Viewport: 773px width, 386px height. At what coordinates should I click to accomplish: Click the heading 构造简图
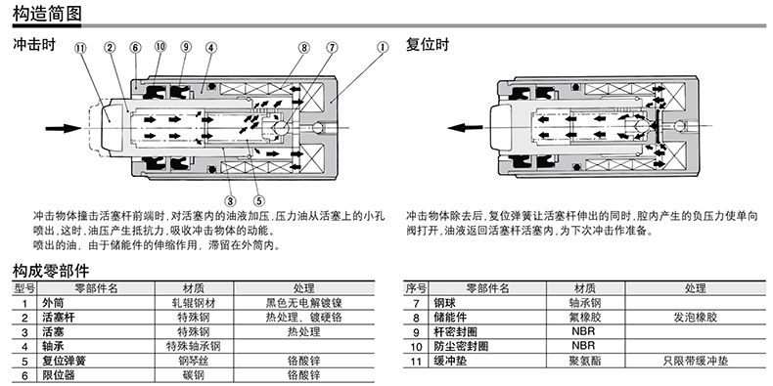tap(47, 13)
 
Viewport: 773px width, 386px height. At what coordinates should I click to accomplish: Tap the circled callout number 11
tap(80, 48)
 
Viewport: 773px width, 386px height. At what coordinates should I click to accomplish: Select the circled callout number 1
tap(383, 48)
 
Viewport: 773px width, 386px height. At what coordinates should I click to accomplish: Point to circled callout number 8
tap(304, 48)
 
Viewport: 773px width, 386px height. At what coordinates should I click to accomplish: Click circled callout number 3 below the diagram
tap(230, 200)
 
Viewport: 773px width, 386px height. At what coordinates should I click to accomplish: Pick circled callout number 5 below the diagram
tap(259, 200)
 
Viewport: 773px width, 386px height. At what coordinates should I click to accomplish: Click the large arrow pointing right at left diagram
tap(63, 128)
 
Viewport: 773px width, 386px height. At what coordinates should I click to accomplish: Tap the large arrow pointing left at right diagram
tap(466, 128)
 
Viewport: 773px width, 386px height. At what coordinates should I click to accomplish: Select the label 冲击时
tap(34, 45)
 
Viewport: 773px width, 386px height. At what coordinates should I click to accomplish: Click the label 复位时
tap(428, 45)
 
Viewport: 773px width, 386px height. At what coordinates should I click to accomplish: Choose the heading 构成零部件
tap(51, 271)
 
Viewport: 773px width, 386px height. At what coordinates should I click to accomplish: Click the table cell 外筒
tap(53, 303)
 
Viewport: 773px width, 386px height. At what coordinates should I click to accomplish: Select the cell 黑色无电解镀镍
tap(303, 303)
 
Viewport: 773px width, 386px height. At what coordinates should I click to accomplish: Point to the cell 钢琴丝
tap(194, 361)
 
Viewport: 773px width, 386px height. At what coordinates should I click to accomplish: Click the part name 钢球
tap(444, 303)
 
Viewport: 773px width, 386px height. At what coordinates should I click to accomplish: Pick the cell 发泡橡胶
tap(695, 317)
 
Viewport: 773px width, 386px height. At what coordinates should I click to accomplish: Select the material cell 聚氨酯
tap(585, 361)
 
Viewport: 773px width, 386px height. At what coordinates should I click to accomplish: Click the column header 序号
tap(416, 288)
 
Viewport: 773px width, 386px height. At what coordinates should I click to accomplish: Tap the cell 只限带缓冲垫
tap(695, 361)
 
